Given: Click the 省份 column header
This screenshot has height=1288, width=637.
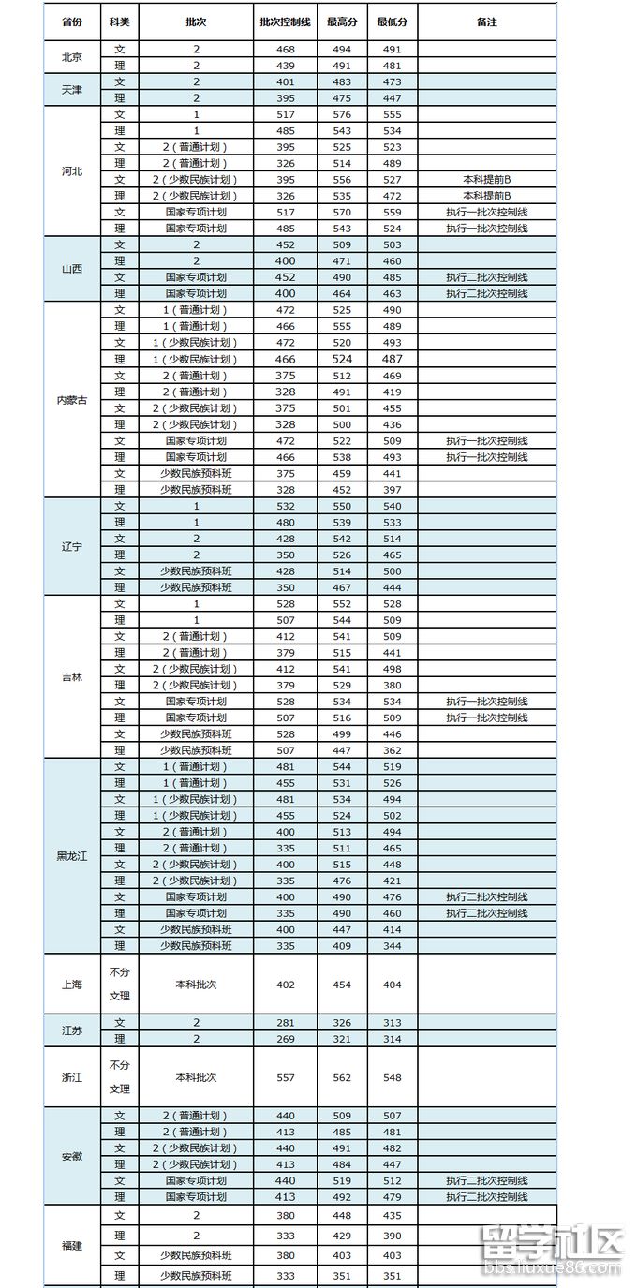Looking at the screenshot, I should (x=70, y=22).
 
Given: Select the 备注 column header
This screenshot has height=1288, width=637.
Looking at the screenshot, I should (x=486, y=22).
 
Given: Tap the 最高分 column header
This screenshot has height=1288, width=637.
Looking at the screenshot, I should (x=342, y=22).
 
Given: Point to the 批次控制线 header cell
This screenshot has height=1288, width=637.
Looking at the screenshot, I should (x=285, y=22).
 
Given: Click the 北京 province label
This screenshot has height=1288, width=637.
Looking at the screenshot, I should (x=71, y=57).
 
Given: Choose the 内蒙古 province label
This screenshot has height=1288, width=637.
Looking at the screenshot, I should (x=71, y=400).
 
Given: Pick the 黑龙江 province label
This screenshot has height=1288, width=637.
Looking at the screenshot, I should (x=71, y=856).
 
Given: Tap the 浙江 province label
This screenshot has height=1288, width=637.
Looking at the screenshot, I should (x=71, y=1077).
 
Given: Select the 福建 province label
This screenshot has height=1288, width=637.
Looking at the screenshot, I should (x=71, y=1246).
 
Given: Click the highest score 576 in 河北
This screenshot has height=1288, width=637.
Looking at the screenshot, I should (x=342, y=114).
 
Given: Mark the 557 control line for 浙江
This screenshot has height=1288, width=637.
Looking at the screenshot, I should (x=285, y=1077).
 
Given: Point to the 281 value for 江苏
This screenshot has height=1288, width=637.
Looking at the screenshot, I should (x=285, y=1022).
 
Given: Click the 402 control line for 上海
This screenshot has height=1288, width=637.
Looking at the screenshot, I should (x=285, y=985).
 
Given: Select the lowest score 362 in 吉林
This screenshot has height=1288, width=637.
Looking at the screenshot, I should (x=392, y=750).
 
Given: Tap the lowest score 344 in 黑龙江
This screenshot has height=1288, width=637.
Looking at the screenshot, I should (x=392, y=946).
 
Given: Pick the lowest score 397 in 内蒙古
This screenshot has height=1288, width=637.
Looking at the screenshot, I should (x=392, y=489).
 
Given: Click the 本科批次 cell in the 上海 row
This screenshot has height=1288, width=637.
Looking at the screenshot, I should (x=196, y=985).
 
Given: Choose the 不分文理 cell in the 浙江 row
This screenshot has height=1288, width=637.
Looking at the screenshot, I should (x=119, y=1077).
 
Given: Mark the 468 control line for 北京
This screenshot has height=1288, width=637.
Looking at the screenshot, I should (x=285, y=49).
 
